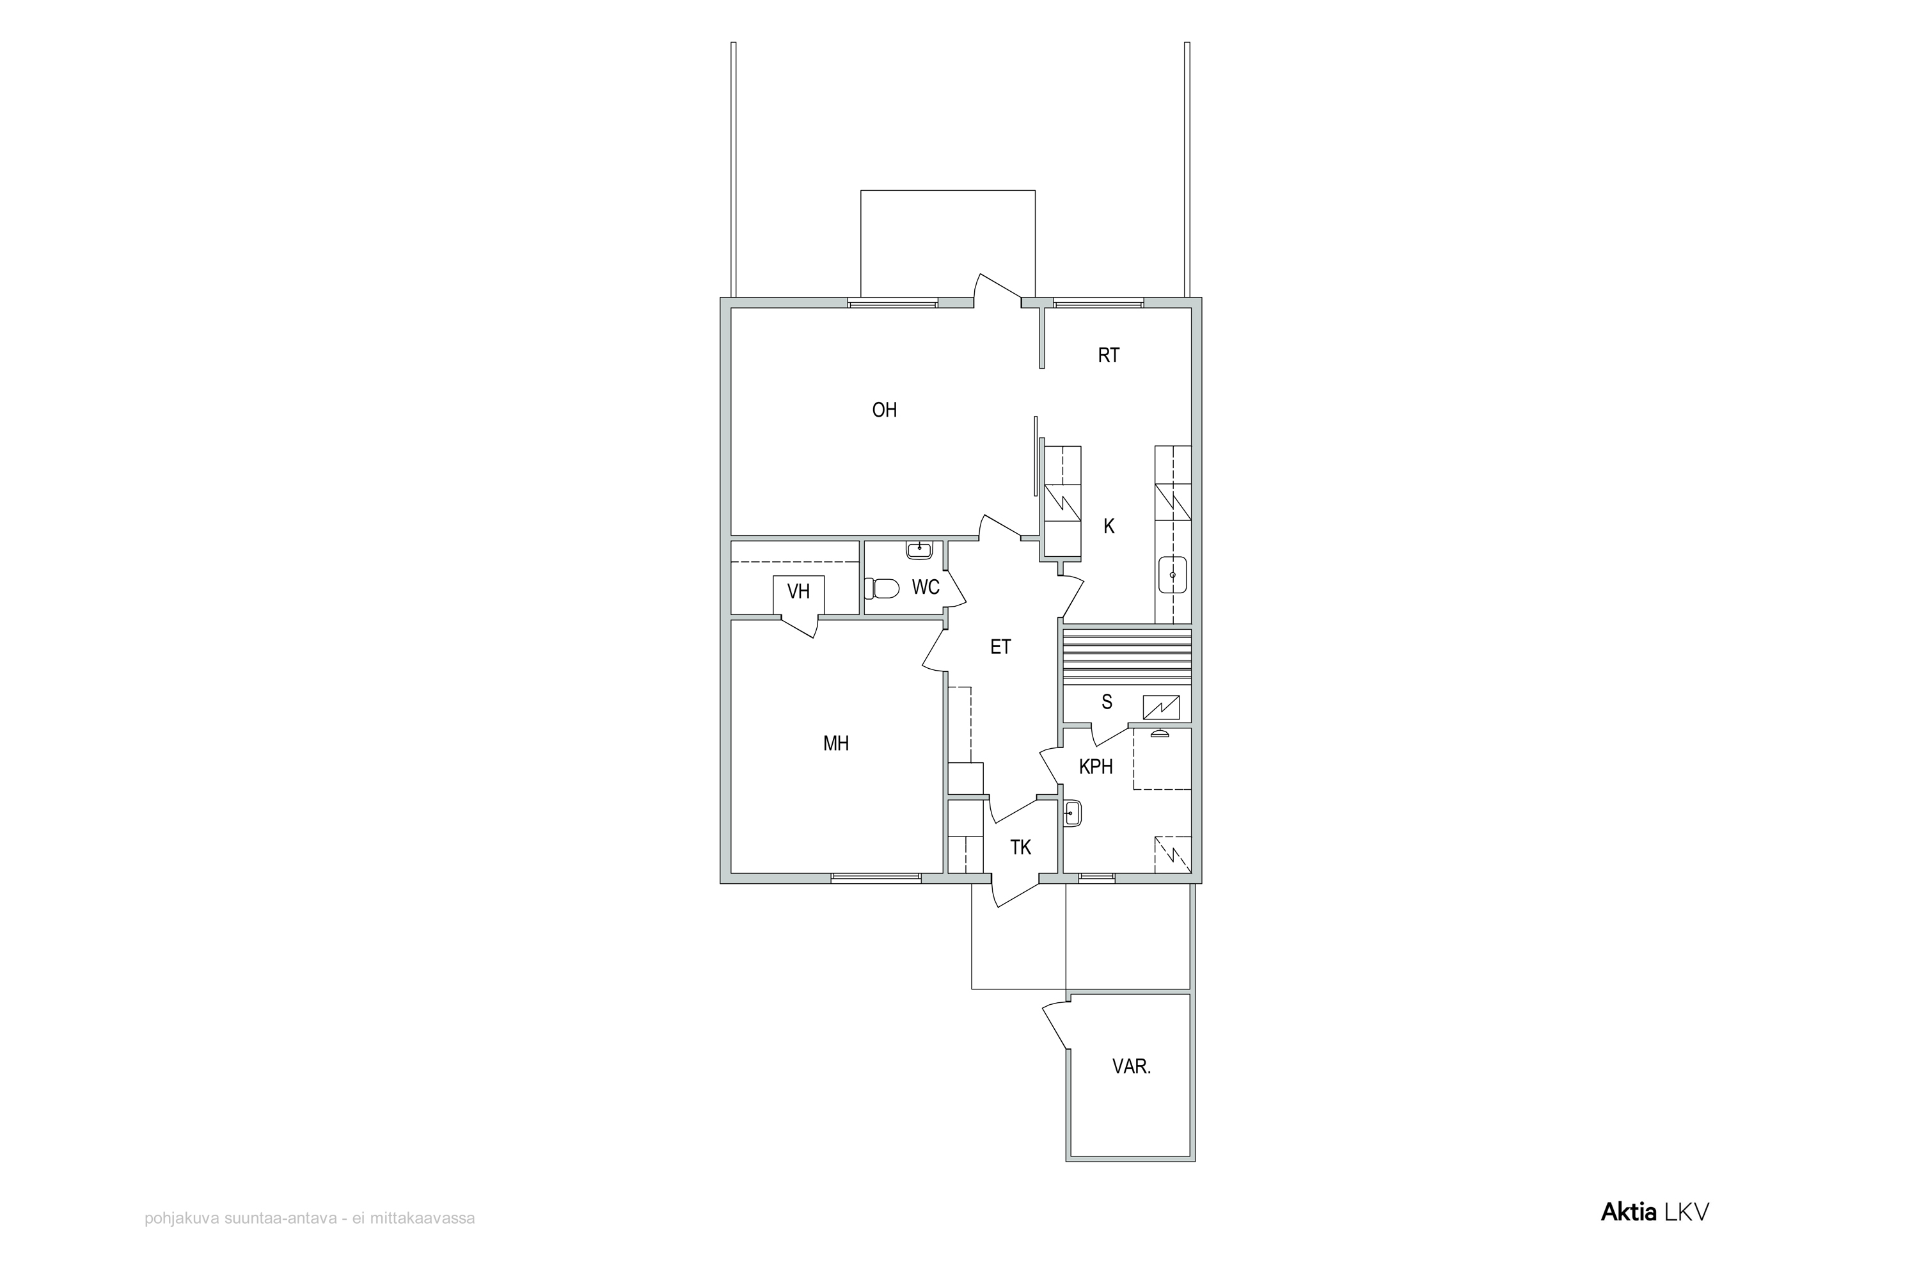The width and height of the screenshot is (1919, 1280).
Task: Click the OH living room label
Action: [x=885, y=410]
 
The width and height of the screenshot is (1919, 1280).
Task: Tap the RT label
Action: [x=1108, y=355]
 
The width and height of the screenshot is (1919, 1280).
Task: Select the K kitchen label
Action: [x=1109, y=527]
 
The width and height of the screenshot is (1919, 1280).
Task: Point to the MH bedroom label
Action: [x=836, y=744]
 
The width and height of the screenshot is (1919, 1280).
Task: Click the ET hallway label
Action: [x=1000, y=647]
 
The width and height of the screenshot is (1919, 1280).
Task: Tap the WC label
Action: [x=925, y=587]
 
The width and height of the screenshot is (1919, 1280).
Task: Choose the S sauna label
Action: [x=1107, y=702]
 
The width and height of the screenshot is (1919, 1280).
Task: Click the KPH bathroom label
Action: [x=1096, y=767]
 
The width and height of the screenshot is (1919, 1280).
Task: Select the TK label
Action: [x=1021, y=847]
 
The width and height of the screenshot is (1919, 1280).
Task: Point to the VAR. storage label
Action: [x=1132, y=1066]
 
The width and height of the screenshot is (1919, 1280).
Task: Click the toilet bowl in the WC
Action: [x=882, y=588]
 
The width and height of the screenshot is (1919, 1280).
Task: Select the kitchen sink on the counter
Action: [x=1173, y=575]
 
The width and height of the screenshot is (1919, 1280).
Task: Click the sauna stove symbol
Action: [x=1161, y=707]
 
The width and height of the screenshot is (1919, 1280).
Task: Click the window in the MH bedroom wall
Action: [x=876, y=878]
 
